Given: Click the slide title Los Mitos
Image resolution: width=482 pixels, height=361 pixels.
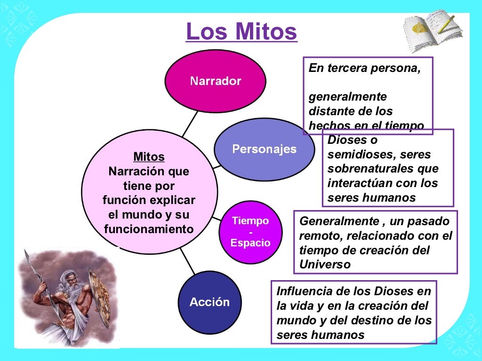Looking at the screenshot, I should [x=241, y=31].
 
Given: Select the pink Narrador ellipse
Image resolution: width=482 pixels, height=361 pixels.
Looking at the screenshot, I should [x=216, y=81].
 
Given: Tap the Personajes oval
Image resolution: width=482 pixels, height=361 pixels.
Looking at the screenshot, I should [x=264, y=149].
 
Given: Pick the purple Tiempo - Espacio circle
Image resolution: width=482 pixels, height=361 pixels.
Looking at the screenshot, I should [x=250, y=232].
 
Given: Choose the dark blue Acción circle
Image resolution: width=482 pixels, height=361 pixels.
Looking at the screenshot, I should [x=209, y=302].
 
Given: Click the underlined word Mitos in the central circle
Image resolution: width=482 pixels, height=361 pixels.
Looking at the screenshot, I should [x=149, y=157].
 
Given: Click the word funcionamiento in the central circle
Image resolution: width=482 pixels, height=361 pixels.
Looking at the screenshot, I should [x=149, y=229].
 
